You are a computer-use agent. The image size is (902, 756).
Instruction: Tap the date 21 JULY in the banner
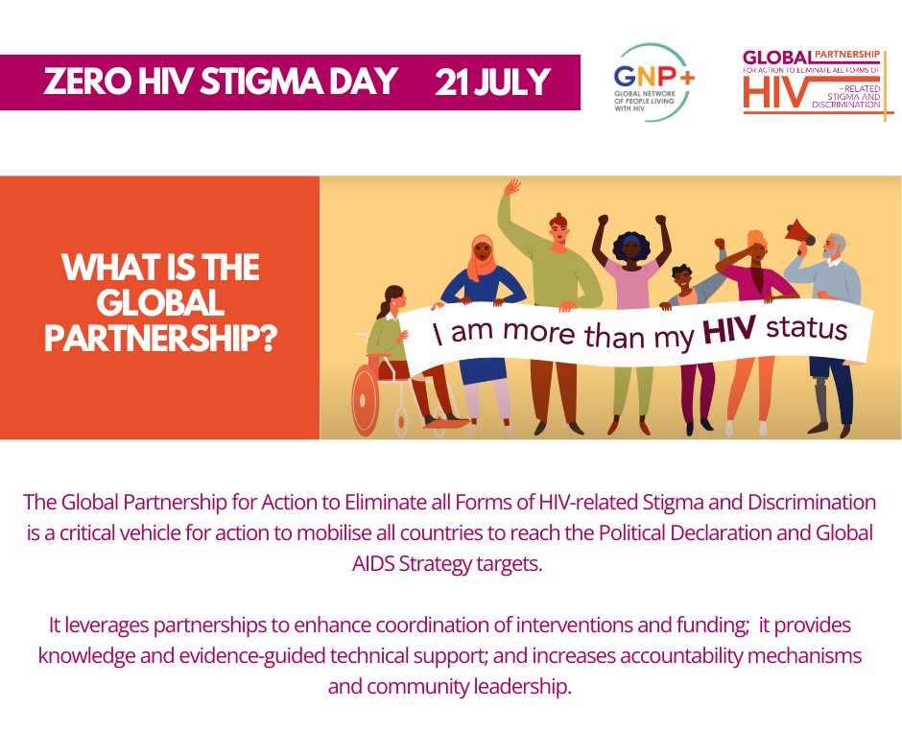pos(491,83)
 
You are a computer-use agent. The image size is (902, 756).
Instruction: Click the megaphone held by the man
pos(799,230)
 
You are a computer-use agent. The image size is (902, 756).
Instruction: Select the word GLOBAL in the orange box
pos(159,304)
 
